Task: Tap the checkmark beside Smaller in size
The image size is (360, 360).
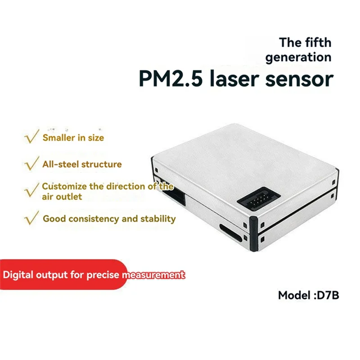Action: tap(31, 137)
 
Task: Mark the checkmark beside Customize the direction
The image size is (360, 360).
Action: tap(31, 190)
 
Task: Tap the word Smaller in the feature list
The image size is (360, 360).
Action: tap(58, 138)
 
